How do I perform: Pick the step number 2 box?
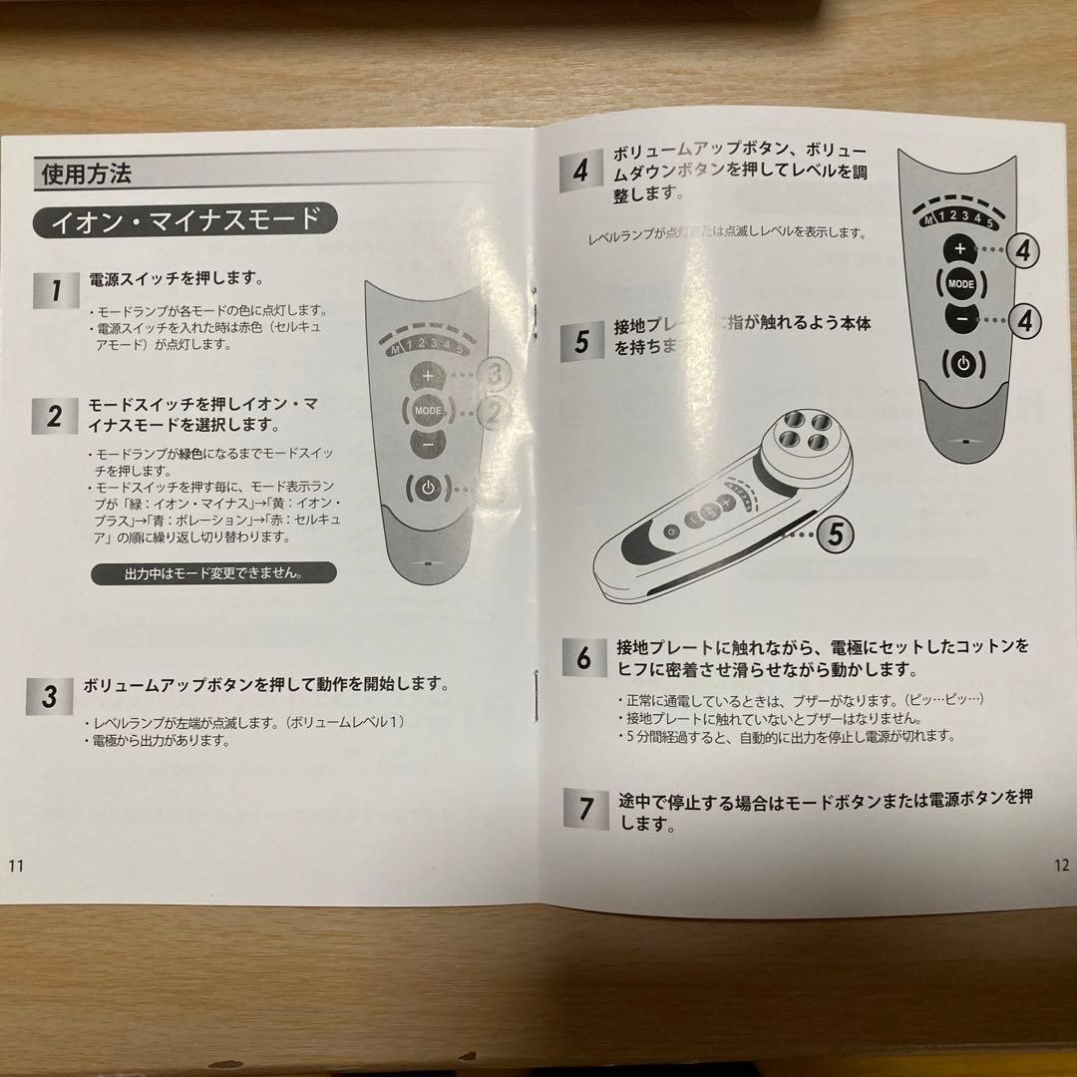(x=56, y=416)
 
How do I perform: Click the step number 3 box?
(x=49, y=695)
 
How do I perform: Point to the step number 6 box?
(x=583, y=657)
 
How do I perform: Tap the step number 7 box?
(x=583, y=807)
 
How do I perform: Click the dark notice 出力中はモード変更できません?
(x=213, y=573)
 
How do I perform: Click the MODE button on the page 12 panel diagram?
(x=960, y=284)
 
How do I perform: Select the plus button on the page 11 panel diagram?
(x=428, y=376)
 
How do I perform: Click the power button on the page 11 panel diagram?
(x=428, y=489)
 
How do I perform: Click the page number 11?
(x=16, y=865)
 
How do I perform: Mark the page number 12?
(x=1059, y=866)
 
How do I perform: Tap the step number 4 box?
(x=581, y=171)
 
